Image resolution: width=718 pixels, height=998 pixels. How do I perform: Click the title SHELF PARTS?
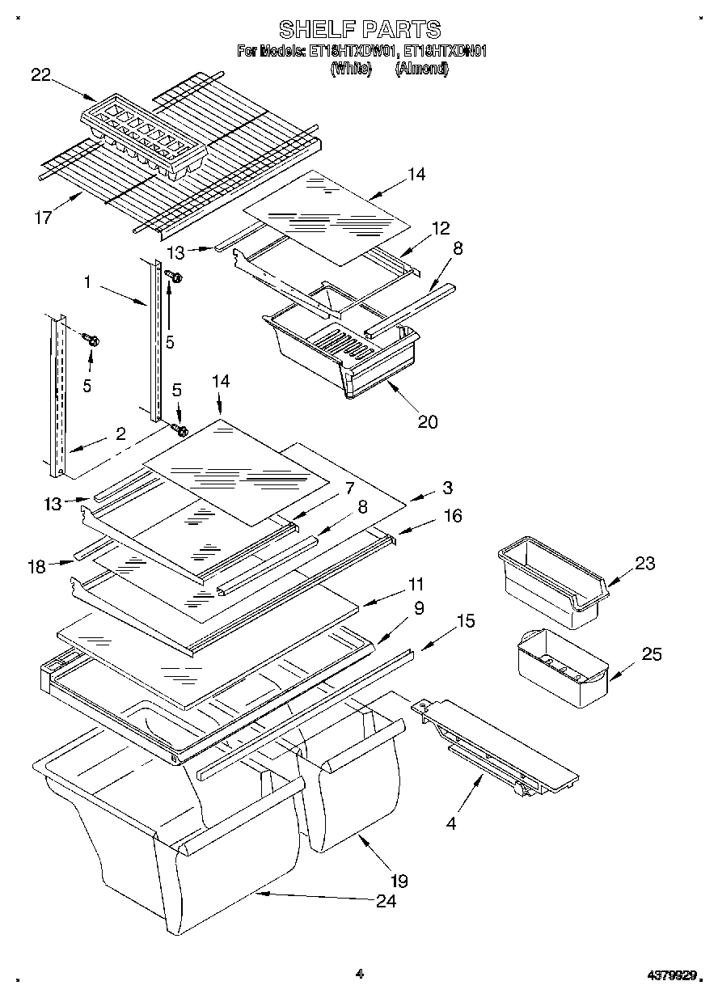pyautogui.click(x=360, y=30)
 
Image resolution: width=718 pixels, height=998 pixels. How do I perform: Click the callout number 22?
pyautogui.click(x=41, y=75)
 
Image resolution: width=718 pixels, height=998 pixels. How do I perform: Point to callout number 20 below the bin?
pyautogui.click(x=427, y=421)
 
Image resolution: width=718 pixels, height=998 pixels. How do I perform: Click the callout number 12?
pyautogui.click(x=441, y=229)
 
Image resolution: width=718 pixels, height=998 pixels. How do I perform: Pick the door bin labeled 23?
pyautogui.click(x=550, y=581)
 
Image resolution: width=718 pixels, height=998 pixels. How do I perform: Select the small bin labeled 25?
pyautogui.click(x=562, y=667)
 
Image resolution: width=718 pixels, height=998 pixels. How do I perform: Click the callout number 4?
pyautogui.click(x=450, y=824)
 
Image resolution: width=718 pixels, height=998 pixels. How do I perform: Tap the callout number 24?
pyautogui.click(x=386, y=901)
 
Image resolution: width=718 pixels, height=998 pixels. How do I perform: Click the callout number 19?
pyautogui.click(x=399, y=881)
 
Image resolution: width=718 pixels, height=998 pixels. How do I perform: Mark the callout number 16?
pyautogui.click(x=452, y=515)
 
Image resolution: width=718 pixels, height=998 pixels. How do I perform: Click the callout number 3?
pyautogui.click(x=447, y=488)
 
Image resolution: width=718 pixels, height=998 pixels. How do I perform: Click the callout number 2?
pyautogui.click(x=120, y=433)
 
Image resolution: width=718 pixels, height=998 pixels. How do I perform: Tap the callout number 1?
pyautogui.click(x=87, y=284)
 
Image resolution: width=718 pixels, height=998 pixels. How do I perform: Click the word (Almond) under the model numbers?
pyautogui.click(x=421, y=69)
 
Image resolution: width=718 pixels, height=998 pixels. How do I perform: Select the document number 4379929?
pyautogui.click(x=670, y=976)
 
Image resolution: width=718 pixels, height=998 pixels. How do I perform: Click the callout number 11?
pyautogui.click(x=416, y=583)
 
